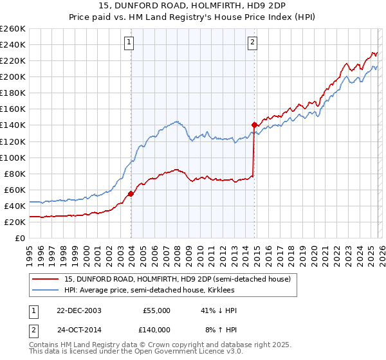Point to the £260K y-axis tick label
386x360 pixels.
(x=13, y=29)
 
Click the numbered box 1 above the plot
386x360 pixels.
(x=130, y=43)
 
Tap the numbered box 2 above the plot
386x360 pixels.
(x=253, y=43)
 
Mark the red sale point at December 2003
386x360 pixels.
(x=131, y=194)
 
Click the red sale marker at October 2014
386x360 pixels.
(x=255, y=125)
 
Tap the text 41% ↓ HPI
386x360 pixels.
(x=218, y=310)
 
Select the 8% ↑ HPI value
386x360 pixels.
(x=220, y=329)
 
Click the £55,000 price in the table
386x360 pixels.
(x=156, y=310)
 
